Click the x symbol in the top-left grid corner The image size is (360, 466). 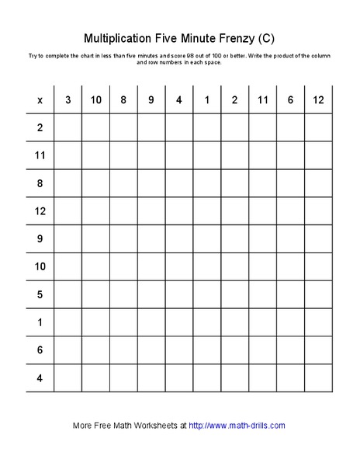pos(40,100)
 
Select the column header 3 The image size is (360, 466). pos(68,100)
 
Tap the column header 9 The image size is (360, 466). pos(151,100)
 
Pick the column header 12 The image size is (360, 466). pos(318,100)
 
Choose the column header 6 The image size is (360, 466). pos(290,100)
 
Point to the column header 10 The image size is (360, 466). pos(96,100)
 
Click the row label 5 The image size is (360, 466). pos(40,295)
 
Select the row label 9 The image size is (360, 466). pos(40,239)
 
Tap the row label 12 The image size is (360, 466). pos(40,211)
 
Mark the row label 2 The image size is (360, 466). pos(40,127)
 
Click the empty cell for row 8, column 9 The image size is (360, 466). pos(151,183)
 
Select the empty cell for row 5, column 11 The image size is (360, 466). pos(262,295)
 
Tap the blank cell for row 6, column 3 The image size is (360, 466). pos(68,351)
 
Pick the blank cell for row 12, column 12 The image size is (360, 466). pos(318,211)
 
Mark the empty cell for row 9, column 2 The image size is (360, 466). pos(234,239)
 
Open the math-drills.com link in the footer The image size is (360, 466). pos(237,426)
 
